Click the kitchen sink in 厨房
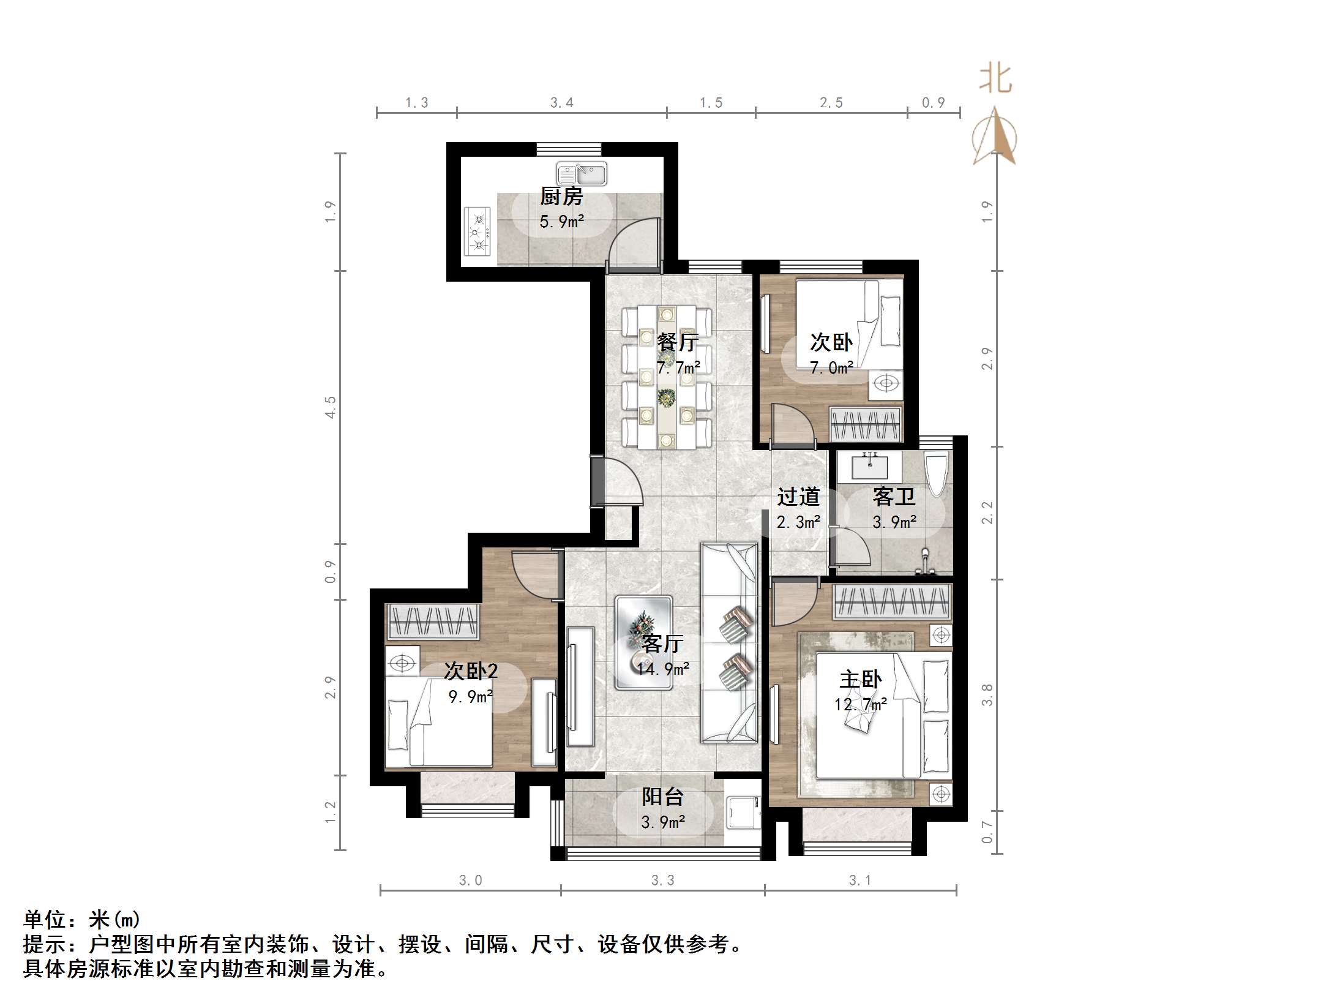coord(582,175)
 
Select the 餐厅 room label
coord(678,342)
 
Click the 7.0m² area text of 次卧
coord(831,367)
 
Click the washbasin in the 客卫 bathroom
coord(869,467)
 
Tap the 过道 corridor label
coord(798,497)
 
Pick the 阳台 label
coord(662,797)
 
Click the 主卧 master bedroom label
coord(860,679)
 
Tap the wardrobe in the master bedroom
coord(892,601)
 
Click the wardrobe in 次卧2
coord(433,622)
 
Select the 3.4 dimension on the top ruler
coord(561,103)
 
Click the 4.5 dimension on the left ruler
coord(331,407)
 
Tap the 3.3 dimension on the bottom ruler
coord(662,881)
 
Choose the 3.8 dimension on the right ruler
coord(987,695)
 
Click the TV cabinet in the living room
coord(580,686)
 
